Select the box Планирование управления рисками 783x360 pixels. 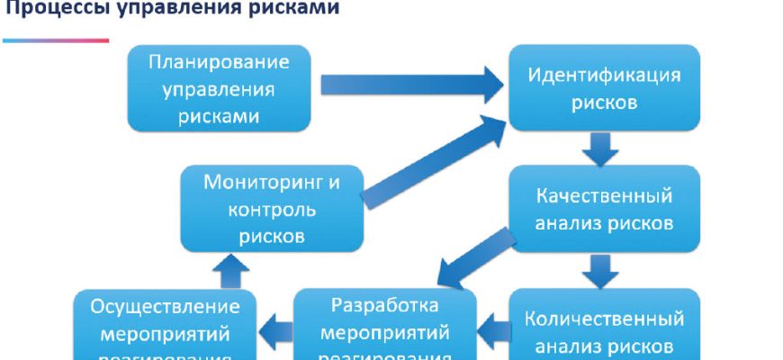tap(220, 89)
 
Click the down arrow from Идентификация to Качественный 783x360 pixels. tap(599, 148)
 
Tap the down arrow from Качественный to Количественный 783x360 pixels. tap(599, 268)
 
